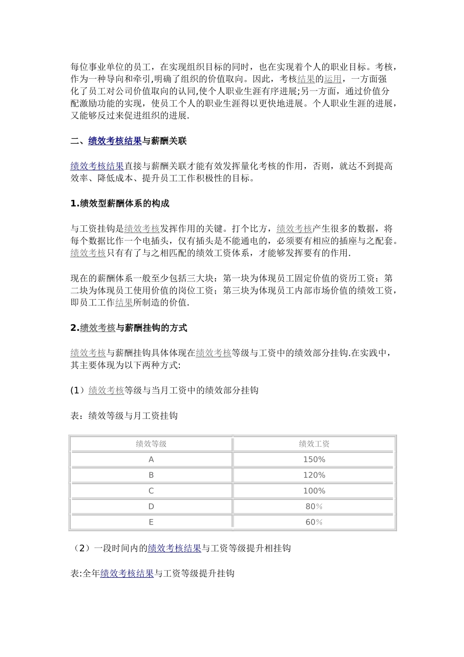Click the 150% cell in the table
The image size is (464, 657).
(314, 460)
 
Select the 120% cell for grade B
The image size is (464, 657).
(314, 475)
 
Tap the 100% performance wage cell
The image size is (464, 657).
(314, 491)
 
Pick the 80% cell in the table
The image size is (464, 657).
(314, 506)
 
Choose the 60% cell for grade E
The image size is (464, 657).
(314, 522)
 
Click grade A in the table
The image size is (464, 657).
(151, 460)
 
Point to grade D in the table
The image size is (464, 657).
(151, 506)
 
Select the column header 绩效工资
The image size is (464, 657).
(314, 444)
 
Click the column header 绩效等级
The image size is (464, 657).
(151, 444)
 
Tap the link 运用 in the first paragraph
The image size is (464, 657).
(333, 79)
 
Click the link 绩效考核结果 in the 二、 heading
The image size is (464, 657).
(115, 141)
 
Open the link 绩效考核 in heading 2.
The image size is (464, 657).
(98, 328)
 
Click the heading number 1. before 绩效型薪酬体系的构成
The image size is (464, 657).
(75, 204)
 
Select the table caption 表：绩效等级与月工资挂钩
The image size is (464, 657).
(124, 416)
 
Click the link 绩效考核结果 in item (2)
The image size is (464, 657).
(174, 548)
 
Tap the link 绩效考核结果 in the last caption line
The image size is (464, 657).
(127, 573)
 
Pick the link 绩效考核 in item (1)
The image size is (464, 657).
(106, 391)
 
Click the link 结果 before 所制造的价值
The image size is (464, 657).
(124, 303)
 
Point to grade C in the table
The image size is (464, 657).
(151, 491)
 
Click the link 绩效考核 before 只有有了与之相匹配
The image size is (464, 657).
(88, 253)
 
